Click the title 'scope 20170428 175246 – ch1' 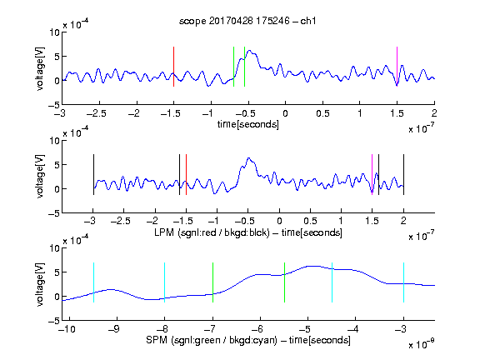[247, 21]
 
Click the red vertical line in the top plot [173, 67]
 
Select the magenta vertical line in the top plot [397, 67]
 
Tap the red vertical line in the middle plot [186, 174]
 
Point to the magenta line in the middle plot [372, 174]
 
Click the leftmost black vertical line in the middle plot [93, 174]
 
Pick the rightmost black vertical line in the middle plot [403, 174]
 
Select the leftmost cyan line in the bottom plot [93, 282]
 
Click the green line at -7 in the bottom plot [212, 282]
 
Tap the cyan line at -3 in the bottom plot [403, 282]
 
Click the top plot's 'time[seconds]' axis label [248, 124]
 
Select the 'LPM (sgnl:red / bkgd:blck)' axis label [212, 232]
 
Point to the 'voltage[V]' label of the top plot [40, 68]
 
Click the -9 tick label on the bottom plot [114, 329]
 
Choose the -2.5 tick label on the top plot [96, 113]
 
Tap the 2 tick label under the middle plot [403, 220]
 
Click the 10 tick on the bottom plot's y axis [55, 248]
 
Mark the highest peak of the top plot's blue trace [249, 51]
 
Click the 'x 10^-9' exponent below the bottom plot [422, 344]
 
